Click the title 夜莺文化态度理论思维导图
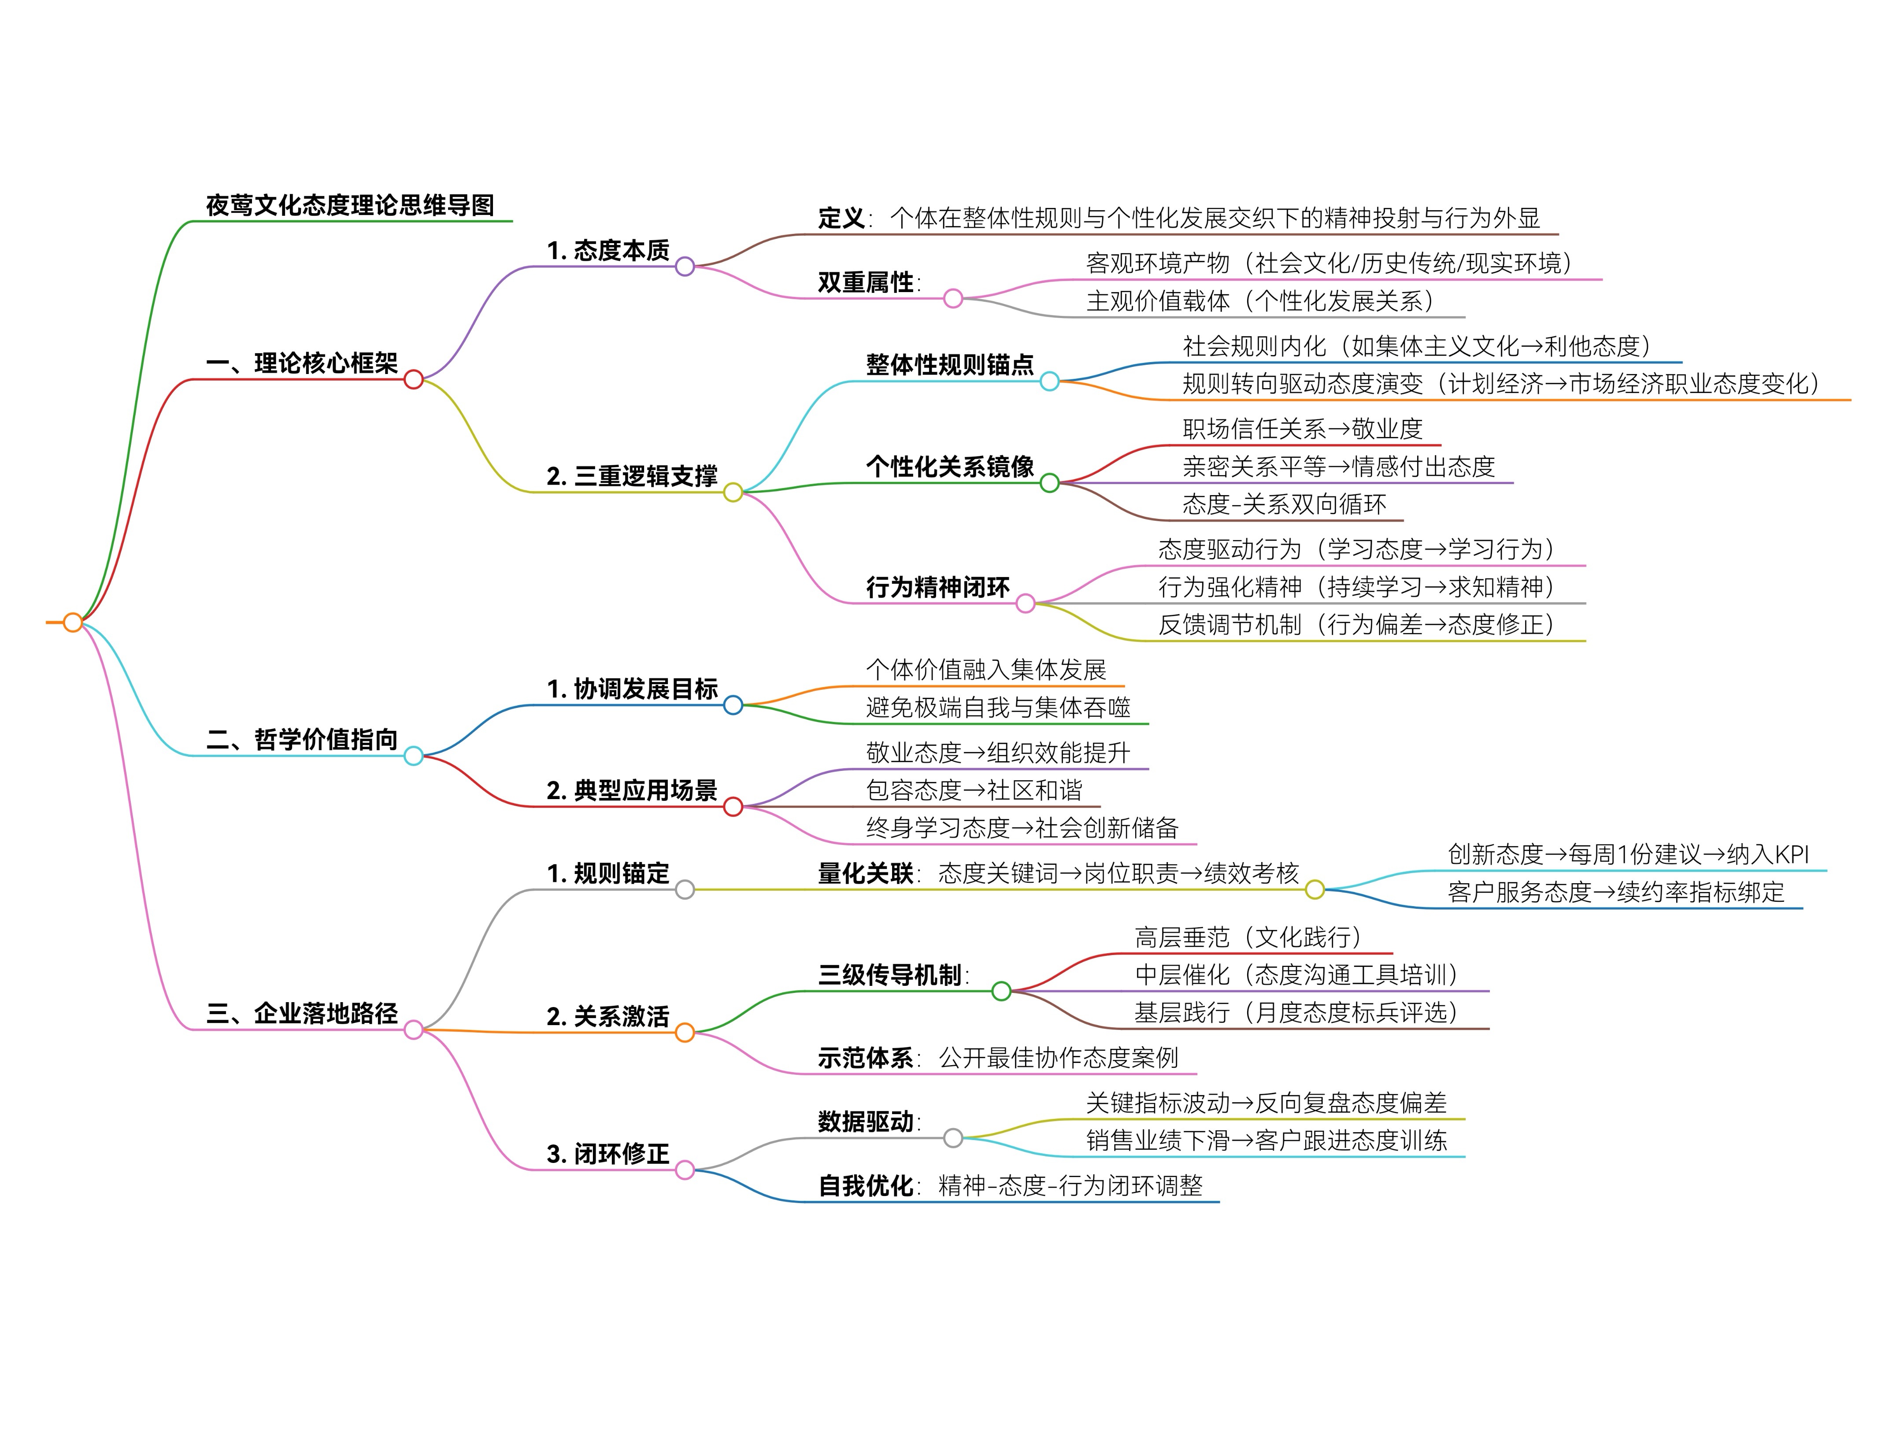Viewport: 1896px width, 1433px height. pos(350,206)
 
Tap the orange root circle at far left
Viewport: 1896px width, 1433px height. pos(73,622)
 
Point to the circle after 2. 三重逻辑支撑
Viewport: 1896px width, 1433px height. pos(733,492)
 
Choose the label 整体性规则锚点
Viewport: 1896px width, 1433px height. pos(950,365)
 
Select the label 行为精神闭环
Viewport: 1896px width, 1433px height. pos(938,588)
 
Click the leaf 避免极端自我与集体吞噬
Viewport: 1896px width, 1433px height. pos(998,708)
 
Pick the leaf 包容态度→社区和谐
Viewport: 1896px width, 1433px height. pos(974,790)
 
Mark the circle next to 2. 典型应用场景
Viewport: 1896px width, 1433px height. pos(733,807)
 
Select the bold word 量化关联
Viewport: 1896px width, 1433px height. pos(866,874)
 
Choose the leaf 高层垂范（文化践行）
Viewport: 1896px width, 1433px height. pos(1248,937)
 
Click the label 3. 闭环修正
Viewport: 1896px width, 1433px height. pos(608,1154)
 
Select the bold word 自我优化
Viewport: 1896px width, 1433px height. pos(866,1186)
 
